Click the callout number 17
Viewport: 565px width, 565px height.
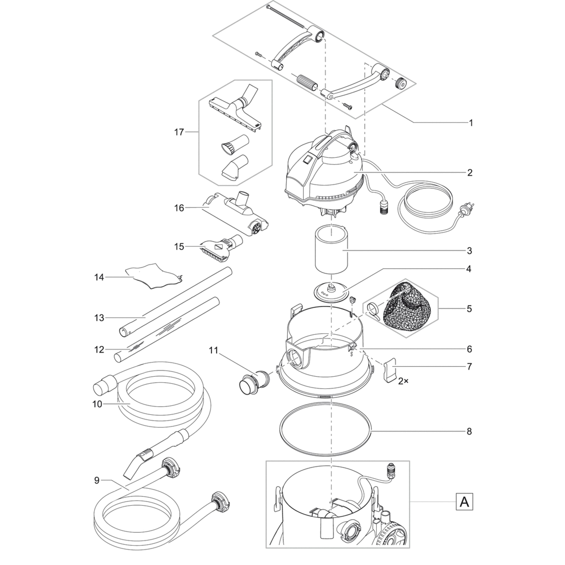pyautogui.click(x=179, y=132)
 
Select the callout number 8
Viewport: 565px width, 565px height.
pyautogui.click(x=469, y=431)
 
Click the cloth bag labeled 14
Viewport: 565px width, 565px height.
pyautogui.click(x=152, y=275)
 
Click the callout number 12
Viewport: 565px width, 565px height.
pyautogui.click(x=99, y=349)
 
